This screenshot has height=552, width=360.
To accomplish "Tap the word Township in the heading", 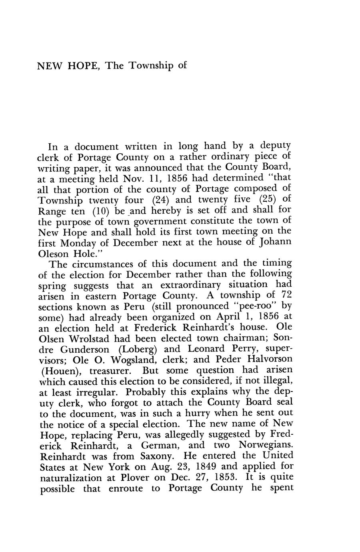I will pos(152,66).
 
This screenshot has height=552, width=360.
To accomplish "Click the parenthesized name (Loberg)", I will pos(136,349).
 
